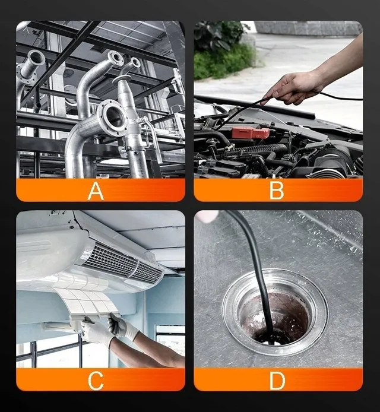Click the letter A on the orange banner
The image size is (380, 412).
[x=96, y=191]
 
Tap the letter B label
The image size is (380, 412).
[x=277, y=191]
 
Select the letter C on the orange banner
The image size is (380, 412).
[x=96, y=381]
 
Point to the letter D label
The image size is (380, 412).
[x=277, y=380]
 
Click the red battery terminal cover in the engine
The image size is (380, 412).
[x=251, y=133]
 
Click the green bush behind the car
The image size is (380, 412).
[x=223, y=50]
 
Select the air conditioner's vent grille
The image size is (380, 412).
[x=123, y=263]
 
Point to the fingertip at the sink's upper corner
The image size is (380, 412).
[x=208, y=216]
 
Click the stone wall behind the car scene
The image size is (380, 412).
[x=308, y=28]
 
